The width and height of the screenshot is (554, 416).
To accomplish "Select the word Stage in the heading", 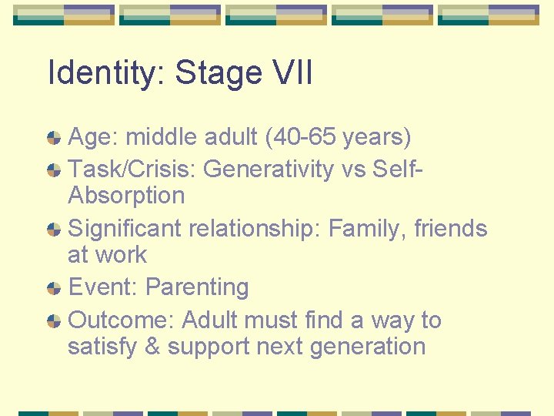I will [219, 73].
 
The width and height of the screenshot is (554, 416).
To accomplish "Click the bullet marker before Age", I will [54, 139].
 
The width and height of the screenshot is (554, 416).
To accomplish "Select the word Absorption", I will [126, 196].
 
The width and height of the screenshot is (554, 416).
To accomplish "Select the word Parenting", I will [197, 287].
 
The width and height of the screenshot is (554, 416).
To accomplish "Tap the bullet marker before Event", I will [54, 289].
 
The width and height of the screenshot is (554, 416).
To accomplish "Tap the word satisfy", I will [100, 347].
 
